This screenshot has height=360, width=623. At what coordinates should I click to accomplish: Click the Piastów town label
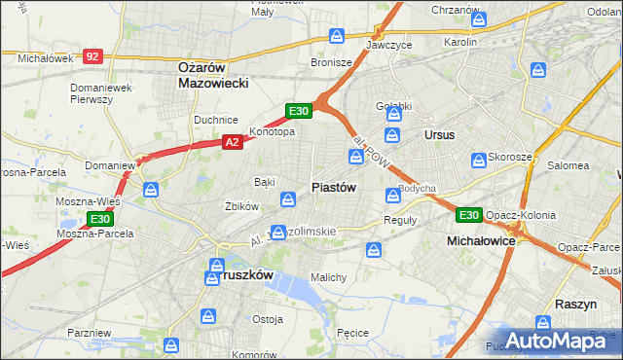[333, 187]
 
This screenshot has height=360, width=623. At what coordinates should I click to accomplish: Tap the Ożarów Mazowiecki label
[215, 75]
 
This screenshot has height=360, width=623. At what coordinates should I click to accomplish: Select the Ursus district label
[439, 134]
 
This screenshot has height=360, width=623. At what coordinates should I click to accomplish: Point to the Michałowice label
[480, 239]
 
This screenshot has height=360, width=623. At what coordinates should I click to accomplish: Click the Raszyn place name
[574, 304]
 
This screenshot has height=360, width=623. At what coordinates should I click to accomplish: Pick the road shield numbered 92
[92, 57]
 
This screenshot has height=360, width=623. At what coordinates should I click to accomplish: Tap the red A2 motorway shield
[232, 142]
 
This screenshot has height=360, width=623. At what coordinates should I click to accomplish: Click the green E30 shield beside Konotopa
[299, 111]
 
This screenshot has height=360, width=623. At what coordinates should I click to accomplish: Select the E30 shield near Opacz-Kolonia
[469, 214]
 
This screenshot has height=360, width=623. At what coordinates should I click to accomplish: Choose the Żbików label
[240, 206]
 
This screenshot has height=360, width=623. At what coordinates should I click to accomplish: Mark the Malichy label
[328, 277]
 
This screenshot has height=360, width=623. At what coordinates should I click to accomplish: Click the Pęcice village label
[351, 333]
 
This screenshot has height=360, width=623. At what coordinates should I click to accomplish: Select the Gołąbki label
[395, 106]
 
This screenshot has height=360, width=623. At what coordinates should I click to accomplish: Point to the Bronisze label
[331, 61]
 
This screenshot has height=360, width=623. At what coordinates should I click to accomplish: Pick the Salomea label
[568, 165]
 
